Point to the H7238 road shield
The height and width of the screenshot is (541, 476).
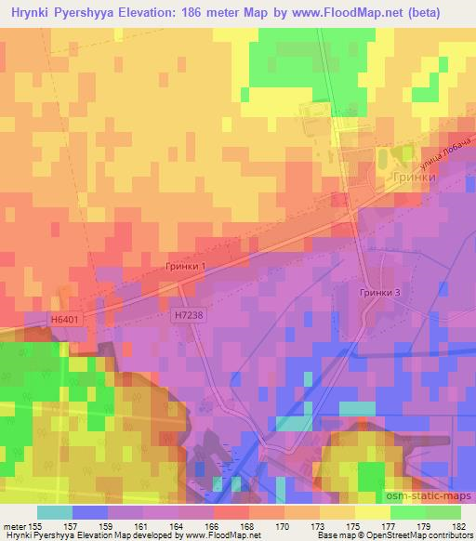(188, 316)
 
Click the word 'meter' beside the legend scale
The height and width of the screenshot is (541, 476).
(15, 526)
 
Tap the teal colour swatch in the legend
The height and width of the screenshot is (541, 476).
(55, 512)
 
